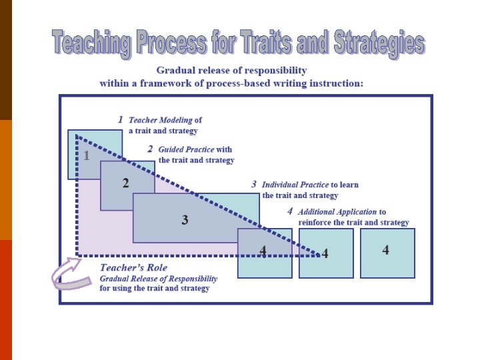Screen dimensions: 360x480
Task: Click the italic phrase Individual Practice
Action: [x=295, y=185]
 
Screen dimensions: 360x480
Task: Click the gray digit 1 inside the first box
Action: [x=86, y=156]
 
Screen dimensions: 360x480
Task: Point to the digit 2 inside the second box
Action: [x=125, y=183]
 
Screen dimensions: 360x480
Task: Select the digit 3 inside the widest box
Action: [x=185, y=219]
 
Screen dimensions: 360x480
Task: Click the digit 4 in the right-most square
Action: [x=386, y=250]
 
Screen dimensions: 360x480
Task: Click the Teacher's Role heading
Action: [x=134, y=268]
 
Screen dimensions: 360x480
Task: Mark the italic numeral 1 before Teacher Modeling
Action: [x=120, y=120]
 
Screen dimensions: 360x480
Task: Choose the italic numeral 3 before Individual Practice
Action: [x=254, y=184]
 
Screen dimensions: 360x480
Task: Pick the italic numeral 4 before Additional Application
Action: [x=290, y=211]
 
